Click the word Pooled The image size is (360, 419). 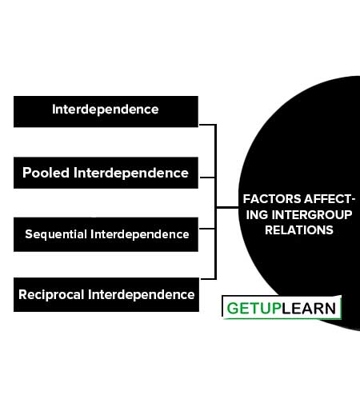(x=46, y=173)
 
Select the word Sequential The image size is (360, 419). (x=56, y=234)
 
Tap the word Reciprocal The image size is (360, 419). (x=51, y=294)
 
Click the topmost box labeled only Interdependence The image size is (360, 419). (x=106, y=111)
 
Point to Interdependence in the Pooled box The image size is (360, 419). (x=131, y=173)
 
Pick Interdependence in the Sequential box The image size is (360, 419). (x=140, y=234)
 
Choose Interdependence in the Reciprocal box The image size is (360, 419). (x=141, y=294)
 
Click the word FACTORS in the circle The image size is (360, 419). (x=272, y=199)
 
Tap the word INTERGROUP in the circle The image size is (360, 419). (x=312, y=214)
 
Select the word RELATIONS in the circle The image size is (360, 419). (x=299, y=230)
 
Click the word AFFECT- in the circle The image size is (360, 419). (x=330, y=199)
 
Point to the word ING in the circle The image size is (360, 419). (x=257, y=214)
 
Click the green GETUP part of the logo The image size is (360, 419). (x=254, y=309)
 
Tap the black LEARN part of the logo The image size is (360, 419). (x=309, y=309)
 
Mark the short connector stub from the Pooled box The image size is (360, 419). (x=207, y=178)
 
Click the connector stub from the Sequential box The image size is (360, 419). (x=207, y=229)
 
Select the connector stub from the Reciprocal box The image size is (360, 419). (x=208, y=279)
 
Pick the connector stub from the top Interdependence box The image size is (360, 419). (x=208, y=125)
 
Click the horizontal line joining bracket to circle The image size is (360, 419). (x=227, y=207)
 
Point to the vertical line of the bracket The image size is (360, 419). (x=215, y=202)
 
